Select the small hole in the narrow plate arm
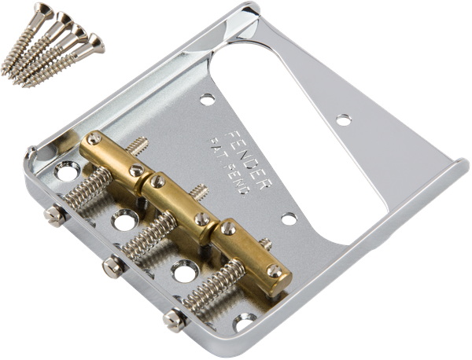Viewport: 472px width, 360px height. pos(343,119)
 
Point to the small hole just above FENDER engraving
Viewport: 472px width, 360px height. pos(206,100)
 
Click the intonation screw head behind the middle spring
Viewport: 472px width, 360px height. pos(111,267)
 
